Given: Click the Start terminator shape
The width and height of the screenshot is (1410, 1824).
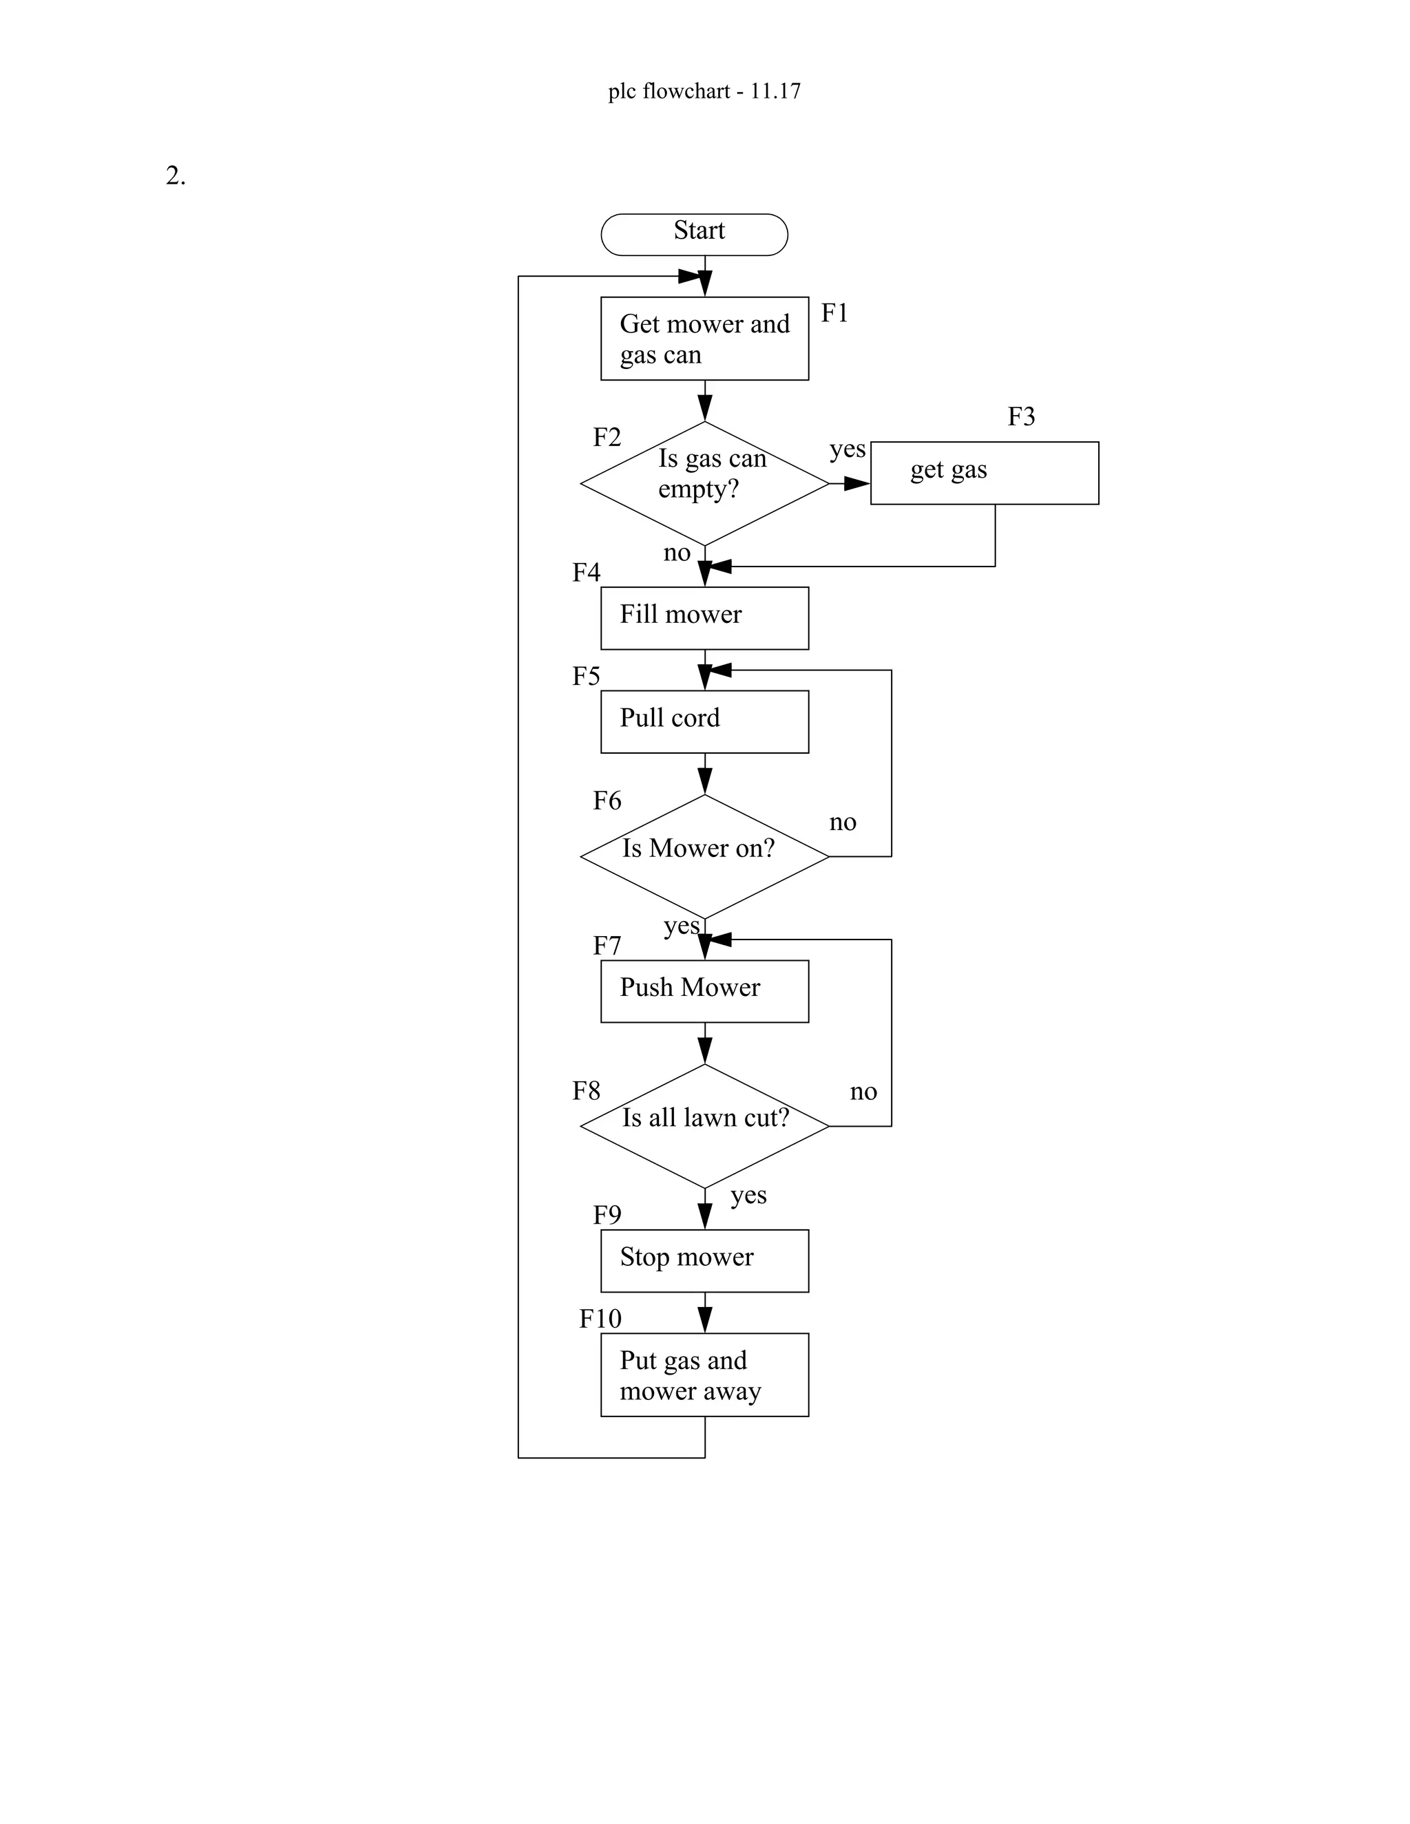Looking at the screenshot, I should tap(694, 235).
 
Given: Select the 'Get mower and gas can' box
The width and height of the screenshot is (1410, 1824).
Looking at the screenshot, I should tap(704, 338).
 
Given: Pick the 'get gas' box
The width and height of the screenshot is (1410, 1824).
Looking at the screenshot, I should tap(984, 473).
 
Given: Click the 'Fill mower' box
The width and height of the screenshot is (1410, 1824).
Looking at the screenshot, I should tap(704, 618).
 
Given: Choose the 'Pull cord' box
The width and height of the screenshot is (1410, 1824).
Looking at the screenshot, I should tap(704, 721).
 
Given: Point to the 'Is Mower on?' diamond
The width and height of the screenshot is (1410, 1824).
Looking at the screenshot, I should tap(704, 856).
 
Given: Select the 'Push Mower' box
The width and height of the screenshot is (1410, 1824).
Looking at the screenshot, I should tap(704, 991).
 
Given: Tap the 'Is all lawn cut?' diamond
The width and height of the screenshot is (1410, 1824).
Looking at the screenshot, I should tap(704, 1126).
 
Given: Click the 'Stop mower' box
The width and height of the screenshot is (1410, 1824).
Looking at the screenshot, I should tap(704, 1260).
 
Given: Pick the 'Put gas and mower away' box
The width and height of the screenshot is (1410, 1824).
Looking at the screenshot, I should tap(704, 1375).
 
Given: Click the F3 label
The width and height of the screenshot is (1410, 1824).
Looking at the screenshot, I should tap(1021, 416).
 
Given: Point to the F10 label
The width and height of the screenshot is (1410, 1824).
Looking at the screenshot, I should tap(600, 1319).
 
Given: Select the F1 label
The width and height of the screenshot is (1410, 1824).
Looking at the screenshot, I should tap(834, 312).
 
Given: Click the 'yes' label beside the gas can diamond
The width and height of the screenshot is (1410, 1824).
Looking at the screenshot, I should tap(847, 449).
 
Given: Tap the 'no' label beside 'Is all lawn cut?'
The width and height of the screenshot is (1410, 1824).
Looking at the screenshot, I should tap(863, 1092).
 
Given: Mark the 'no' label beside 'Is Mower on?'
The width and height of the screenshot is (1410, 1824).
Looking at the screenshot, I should tap(842, 822).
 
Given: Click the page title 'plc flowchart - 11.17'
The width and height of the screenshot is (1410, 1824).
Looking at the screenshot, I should tap(704, 90).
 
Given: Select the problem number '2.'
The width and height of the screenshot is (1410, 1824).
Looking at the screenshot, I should tap(176, 176).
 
